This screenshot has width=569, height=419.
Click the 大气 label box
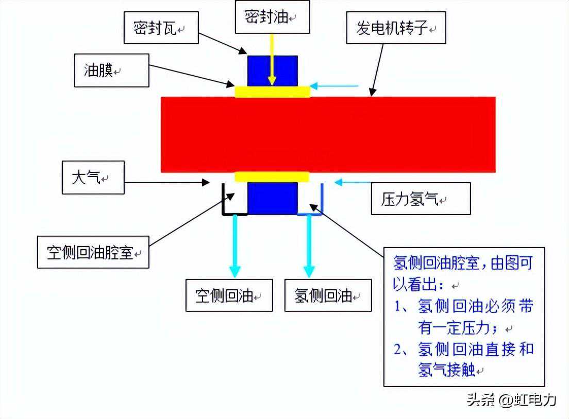(93, 178)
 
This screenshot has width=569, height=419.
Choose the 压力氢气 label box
(421, 199)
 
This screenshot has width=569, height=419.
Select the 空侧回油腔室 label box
(93, 252)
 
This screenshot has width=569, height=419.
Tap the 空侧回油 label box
(229, 295)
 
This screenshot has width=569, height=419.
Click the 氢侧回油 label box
(328, 295)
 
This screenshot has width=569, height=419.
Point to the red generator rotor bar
(328, 134)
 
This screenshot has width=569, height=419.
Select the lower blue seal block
(272, 198)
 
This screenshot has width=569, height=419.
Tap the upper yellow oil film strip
(272, 92)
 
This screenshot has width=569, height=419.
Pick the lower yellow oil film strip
(272, 177)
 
